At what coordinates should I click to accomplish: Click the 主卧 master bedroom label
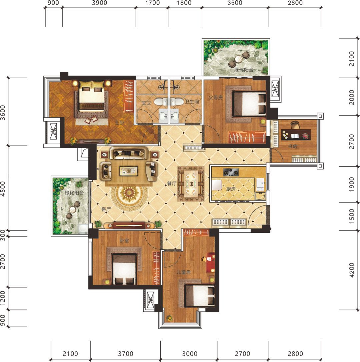point(120,123)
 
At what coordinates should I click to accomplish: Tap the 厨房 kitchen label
point(231,189)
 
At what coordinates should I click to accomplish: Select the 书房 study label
point(293,147)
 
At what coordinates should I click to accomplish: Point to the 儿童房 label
point(184,272)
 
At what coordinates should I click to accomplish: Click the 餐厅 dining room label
point(172,183)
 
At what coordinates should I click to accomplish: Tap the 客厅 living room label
point(106,209)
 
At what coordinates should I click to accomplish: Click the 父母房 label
point(216,98)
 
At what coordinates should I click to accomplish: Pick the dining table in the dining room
point(191,184)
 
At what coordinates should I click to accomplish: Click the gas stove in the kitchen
point(231,172)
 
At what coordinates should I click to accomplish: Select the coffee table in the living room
point(129,171)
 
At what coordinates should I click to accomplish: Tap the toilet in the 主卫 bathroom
point(161,102)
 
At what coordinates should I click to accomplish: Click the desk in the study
point(296,134)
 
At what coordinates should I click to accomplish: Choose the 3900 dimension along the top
point(99,3)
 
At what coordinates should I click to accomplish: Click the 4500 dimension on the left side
point(3,189)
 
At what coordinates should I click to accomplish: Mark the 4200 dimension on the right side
point(351,270)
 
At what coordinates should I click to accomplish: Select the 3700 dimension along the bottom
point(125,353)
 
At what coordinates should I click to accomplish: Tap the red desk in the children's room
point(211,262)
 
